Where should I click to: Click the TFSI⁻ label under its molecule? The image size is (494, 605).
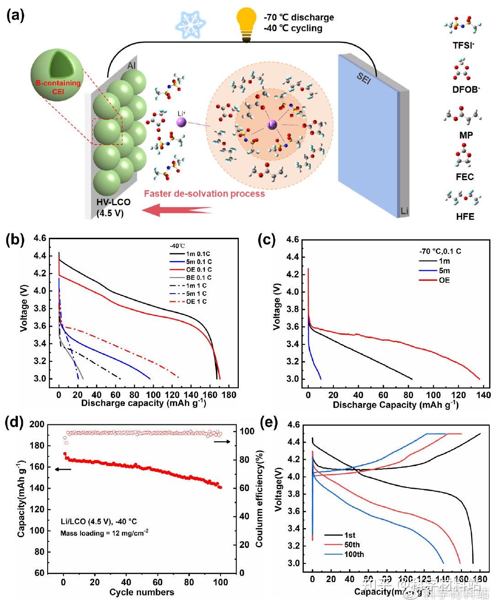point(463,45)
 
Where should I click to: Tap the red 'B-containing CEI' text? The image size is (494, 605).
point(58,87)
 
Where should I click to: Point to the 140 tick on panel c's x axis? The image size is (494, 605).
point(484,395)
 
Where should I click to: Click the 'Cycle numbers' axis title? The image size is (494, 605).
point(142,592)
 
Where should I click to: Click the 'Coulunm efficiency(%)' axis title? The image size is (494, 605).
point(259,498)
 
